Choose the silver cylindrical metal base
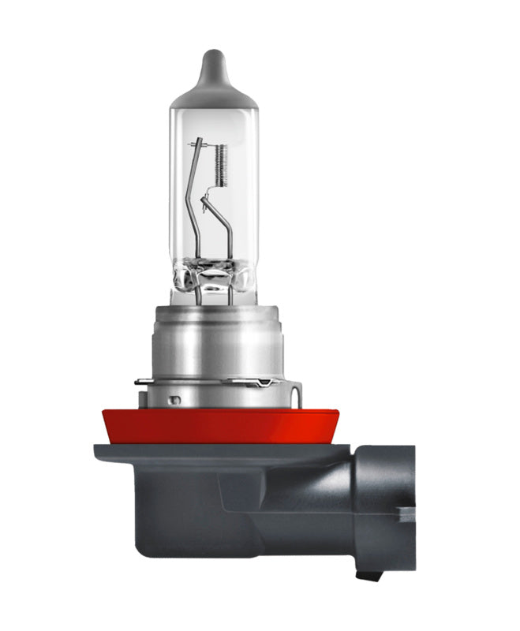click(x=213, y=339)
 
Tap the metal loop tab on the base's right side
click(x=294, y=391)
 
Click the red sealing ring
click(x=213, y=426)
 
